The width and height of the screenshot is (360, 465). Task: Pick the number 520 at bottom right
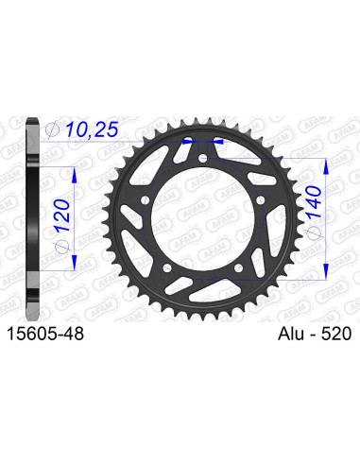pos(334,334)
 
